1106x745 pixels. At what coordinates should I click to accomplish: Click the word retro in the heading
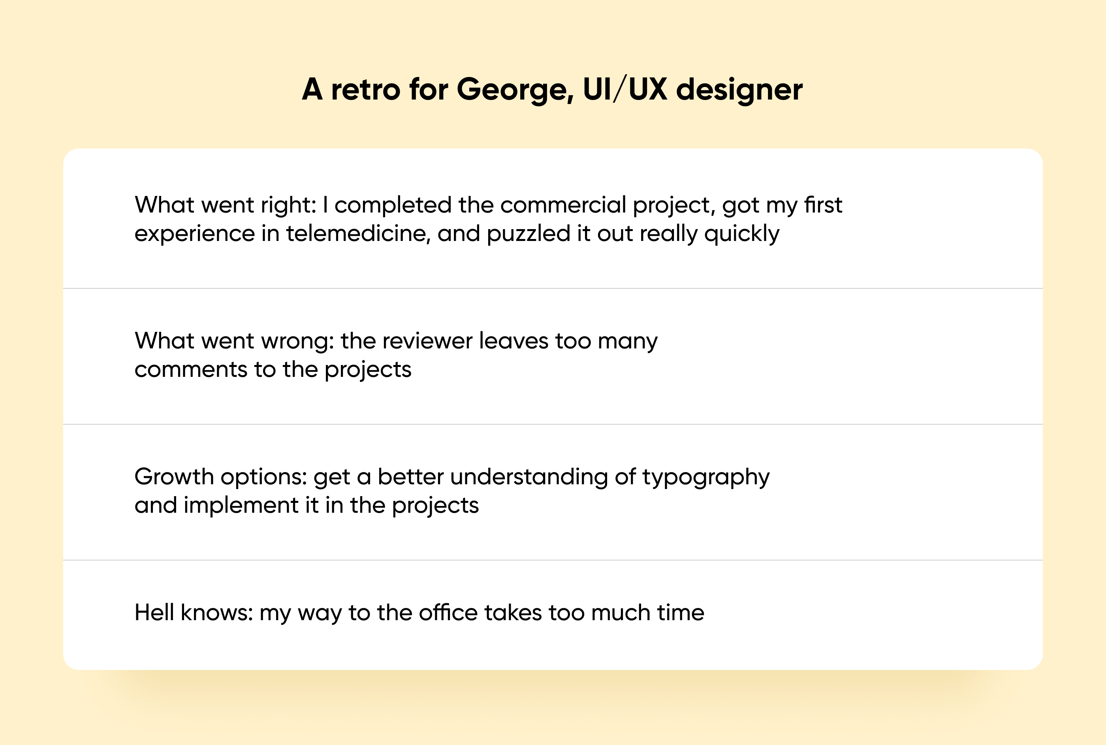click(365, 90)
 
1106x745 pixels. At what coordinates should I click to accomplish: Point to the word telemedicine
click(358, 234)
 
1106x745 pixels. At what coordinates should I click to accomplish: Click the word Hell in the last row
click(154, 612)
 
